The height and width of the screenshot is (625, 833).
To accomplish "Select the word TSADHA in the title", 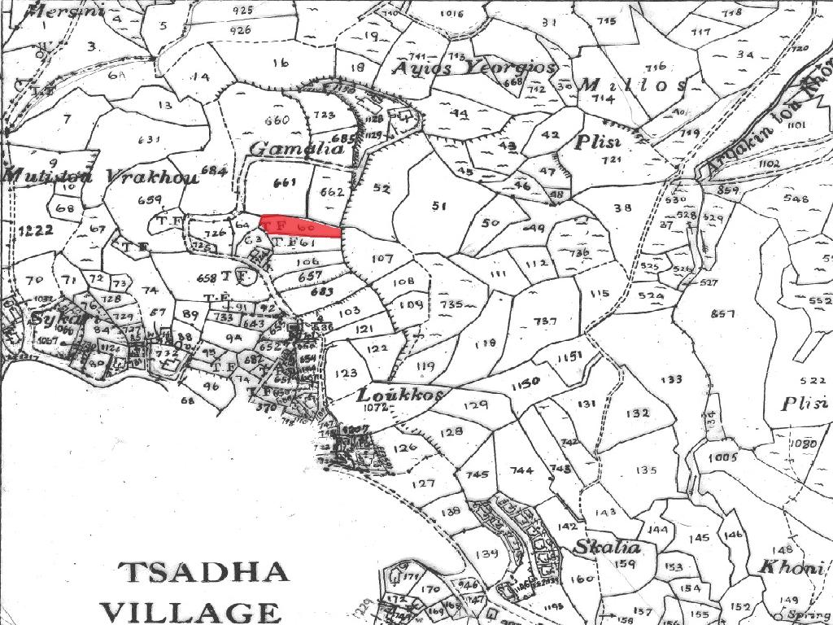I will click(x=203, y=571).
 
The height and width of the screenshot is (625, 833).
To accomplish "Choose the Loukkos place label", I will click(x=401, y=395).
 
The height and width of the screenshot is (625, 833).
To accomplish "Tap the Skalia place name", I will click(x=608, y=546).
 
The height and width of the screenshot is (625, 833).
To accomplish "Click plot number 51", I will click(x=440, y=206).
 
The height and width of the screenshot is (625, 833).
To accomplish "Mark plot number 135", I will click(x=647, y=470).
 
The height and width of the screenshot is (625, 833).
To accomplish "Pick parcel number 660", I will click(x=277, y=120).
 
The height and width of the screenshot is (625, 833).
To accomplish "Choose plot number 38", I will click(x=622, y=208).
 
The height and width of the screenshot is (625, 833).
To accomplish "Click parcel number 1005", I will click(x=722, y=458).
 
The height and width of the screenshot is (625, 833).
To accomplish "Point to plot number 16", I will click(x=281, y=63).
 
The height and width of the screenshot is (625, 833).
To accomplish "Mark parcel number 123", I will click(x=346, y=374).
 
